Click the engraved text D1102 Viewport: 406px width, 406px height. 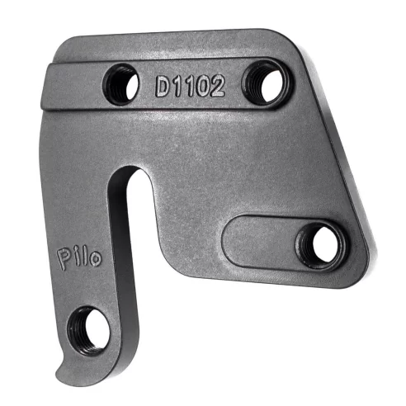(x=189, y=86)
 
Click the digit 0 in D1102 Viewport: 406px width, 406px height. (x=202, y=87)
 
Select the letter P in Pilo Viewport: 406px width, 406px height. (x=65, y=256)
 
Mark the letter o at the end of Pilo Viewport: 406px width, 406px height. (x=97, y=259)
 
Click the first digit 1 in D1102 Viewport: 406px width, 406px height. (x=177, y=86)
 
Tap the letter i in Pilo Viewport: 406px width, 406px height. (x=78, y=256)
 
